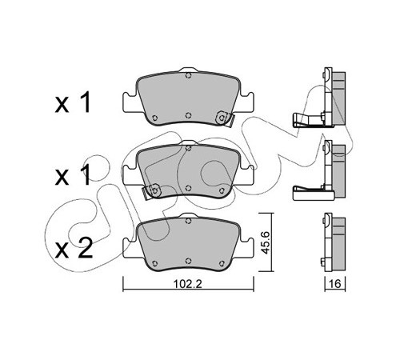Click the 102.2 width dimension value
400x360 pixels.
188,284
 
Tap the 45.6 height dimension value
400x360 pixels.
266,242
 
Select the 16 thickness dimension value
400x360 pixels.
334,284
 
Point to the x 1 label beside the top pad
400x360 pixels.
73,102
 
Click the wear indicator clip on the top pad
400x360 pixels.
224,119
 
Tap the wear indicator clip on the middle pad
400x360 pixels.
151,192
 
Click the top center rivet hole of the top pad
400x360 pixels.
188,75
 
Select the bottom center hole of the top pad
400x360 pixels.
188,115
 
